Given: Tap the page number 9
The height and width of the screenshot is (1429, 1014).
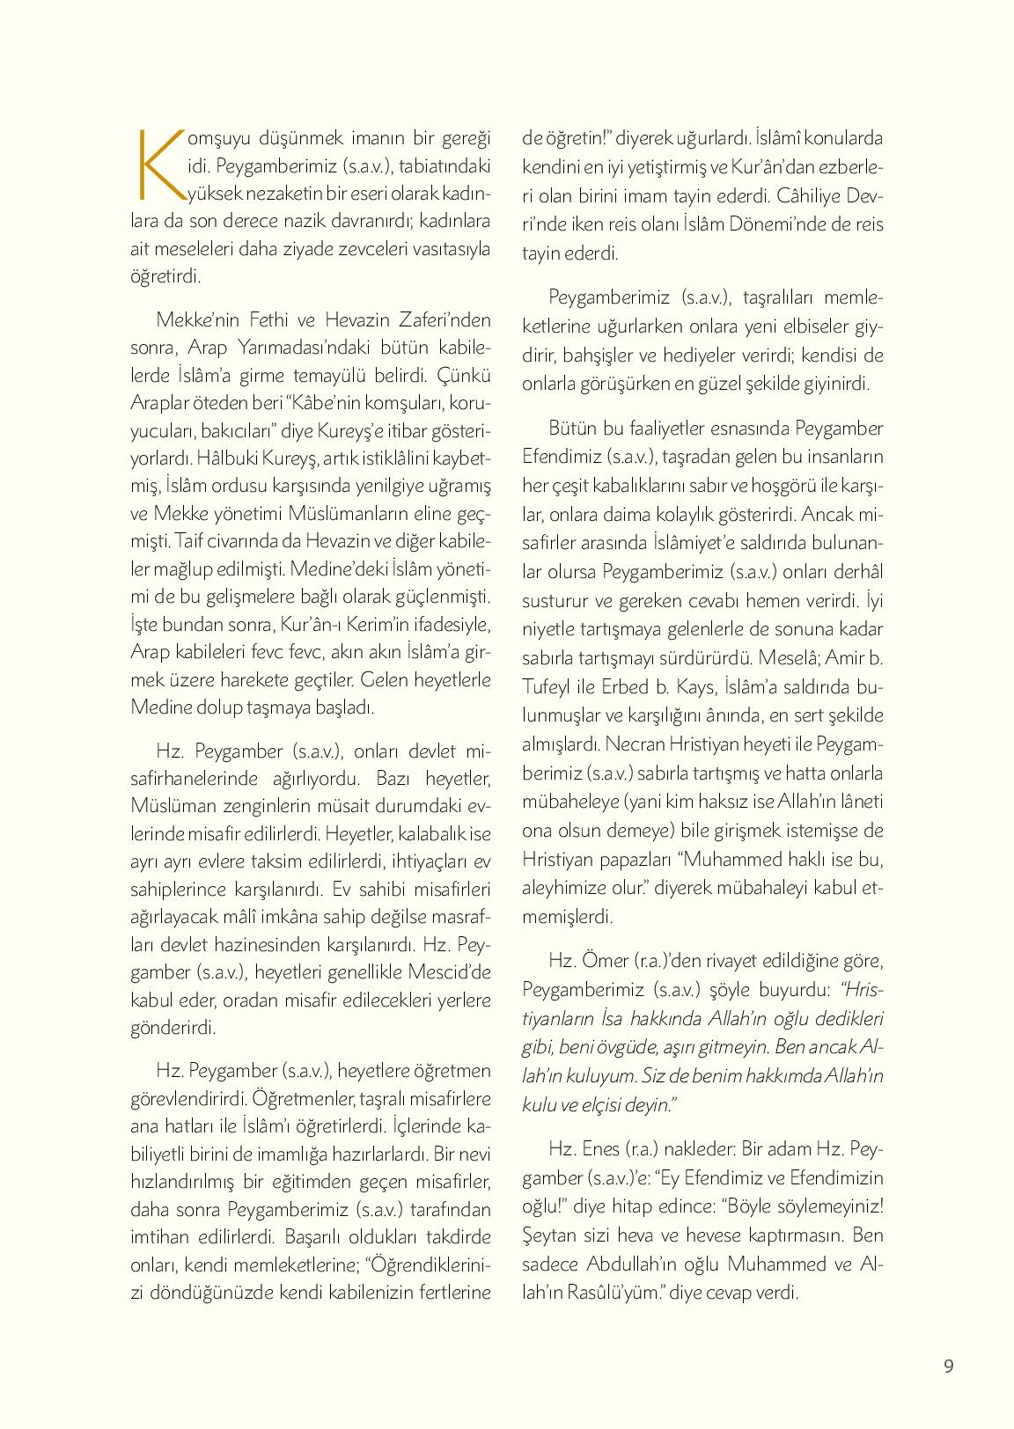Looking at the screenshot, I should click(948, 1367).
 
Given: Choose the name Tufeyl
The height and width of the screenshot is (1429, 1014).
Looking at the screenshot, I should click(551, 687).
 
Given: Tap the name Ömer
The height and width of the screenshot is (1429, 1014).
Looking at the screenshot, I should click(606, 959).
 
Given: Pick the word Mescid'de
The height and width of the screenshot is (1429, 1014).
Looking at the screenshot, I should click(450, 972).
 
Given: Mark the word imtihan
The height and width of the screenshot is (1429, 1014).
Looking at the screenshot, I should click(161, 1235).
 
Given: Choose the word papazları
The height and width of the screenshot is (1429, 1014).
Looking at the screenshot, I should click(628, 858).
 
